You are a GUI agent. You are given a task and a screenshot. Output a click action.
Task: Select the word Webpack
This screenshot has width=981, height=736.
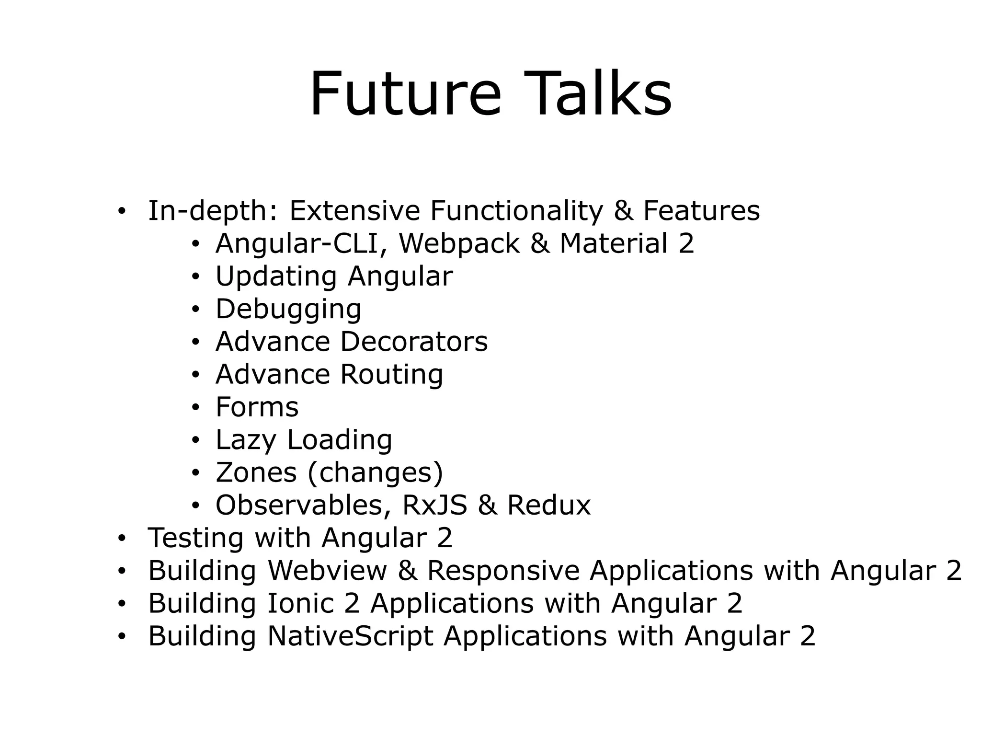point(459,243)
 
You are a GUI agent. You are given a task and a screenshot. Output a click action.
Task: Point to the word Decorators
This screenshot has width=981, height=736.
point(414,342)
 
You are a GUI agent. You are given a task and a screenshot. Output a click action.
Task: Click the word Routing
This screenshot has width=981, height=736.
point(391,375)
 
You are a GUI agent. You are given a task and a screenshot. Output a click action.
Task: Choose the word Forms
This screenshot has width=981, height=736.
point(257,407)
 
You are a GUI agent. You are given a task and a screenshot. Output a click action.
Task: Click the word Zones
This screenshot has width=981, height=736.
point(256,472)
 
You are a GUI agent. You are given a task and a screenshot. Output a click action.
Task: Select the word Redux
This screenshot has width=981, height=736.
point(549,505)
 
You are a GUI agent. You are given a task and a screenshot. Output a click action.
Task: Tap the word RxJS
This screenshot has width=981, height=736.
point(434,505)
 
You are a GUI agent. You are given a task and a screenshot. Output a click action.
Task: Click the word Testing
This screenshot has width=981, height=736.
point(196,538)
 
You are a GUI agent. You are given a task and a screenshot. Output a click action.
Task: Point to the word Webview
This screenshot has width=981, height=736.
point(327,571)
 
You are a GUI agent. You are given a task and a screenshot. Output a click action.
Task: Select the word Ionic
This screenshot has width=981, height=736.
point(300,603)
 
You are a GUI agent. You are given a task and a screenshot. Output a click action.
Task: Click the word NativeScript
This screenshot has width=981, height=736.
point(350,636)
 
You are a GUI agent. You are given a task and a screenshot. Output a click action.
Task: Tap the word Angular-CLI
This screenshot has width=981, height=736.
point(296,243)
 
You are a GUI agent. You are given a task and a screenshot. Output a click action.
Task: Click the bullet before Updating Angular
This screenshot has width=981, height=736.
point(195,277)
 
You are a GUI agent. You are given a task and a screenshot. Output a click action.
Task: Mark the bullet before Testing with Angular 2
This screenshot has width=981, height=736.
point(122,539)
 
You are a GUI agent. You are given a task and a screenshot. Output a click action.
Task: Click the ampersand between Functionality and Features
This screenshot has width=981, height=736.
point(623,211)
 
